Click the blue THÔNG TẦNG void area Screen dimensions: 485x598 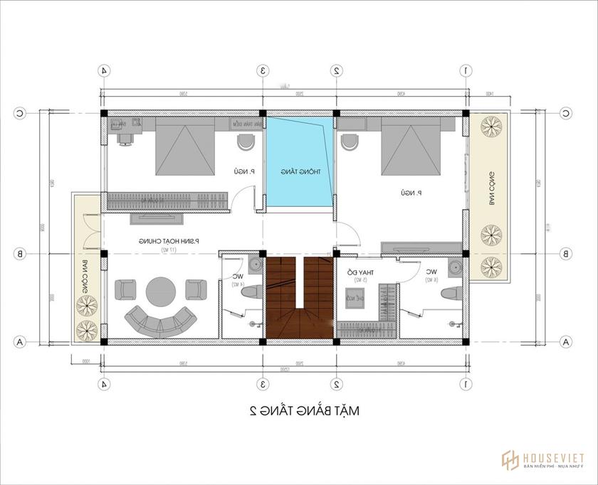(x=299, y=164)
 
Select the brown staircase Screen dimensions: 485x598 (x=299, y=299)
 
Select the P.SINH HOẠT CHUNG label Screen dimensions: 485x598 (x=169, y=242)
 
